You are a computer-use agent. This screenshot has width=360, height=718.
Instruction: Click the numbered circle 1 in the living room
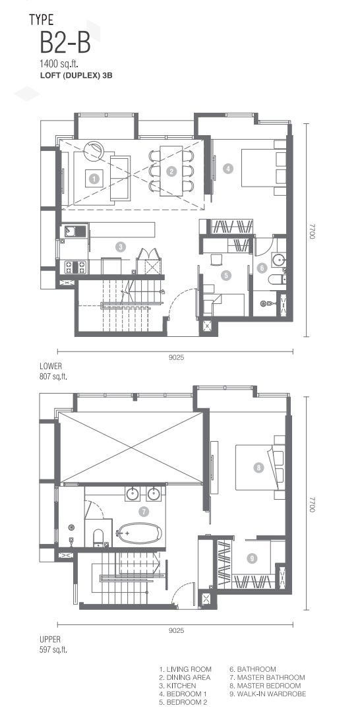(94, 179)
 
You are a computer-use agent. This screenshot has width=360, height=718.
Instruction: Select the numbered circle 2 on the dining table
(171, 171)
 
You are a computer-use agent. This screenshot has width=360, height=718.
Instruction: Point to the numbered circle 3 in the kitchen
(120, 247)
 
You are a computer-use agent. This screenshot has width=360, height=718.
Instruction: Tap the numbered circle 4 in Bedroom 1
(227, 169)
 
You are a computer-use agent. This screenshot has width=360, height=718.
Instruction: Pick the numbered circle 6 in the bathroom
(262, 268)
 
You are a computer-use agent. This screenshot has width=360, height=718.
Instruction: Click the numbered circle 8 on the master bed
(258, 467)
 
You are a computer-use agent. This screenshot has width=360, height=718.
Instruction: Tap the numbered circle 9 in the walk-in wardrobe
(251, 558)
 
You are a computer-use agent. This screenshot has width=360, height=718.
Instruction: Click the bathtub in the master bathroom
(140, 533)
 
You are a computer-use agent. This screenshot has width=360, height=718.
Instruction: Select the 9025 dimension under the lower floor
(176, 357)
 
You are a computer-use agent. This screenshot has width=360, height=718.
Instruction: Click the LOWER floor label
(51, 367)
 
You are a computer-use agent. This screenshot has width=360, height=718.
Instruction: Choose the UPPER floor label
(50, 640)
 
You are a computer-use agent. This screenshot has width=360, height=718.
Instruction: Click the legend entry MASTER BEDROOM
(265, 686)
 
